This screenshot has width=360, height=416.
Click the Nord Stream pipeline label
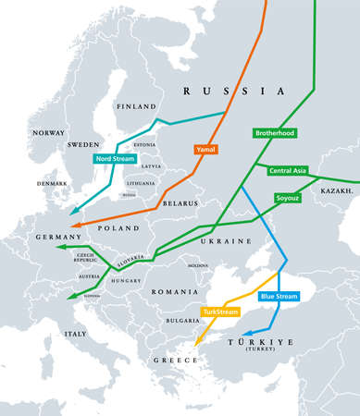(114, 159)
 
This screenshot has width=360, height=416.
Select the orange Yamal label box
(205, 149)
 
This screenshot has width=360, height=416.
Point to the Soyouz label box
(287, 198)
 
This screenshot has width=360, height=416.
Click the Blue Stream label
(279, 296)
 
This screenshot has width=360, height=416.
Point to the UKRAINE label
(227, 240)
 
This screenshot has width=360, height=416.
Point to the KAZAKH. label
(338, 190)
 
